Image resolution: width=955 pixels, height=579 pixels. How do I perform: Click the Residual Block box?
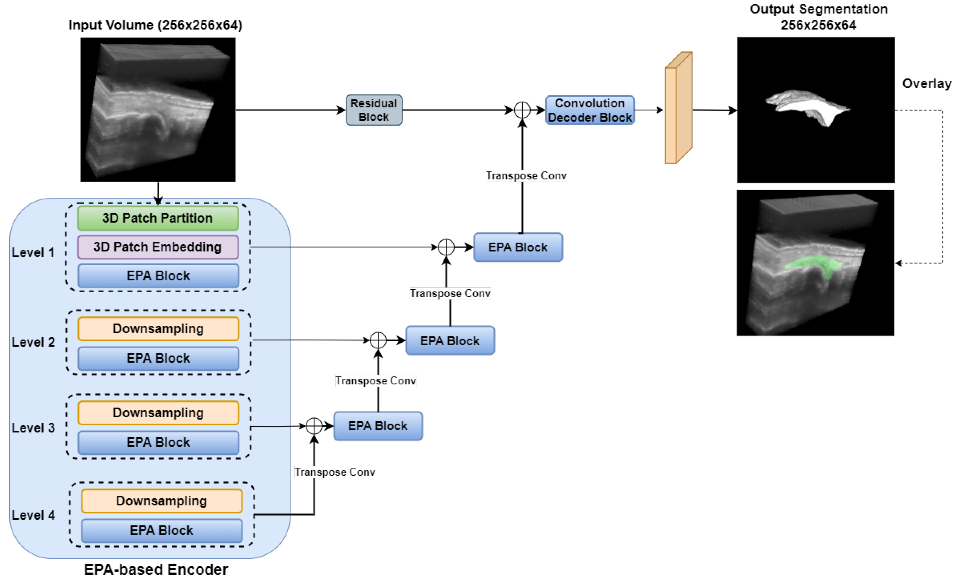tap(374, 110)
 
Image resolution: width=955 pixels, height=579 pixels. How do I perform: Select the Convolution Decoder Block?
tap(589, 110)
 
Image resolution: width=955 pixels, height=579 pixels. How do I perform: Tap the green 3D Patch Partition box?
tap(158, 218)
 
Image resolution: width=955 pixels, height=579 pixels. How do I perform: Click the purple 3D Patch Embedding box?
tap(158, 247)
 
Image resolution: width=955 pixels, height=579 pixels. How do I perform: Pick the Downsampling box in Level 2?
tap(158, 329)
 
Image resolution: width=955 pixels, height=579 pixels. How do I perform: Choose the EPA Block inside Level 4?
tap(162, 530)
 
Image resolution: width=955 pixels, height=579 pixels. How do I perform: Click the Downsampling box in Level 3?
tap(158, 413)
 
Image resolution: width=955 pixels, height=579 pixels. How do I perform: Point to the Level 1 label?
tap(33, 253)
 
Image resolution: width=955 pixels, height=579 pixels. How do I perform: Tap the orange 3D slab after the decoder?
tap(679, 109)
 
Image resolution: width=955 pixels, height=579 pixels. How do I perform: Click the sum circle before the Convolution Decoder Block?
tap(522, 110)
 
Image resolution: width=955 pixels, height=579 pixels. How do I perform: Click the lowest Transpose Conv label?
tap(335, 472)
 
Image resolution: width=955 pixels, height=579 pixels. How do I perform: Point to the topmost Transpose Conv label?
tap(526, 176)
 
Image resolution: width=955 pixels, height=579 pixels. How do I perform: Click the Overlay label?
tap(926, 84)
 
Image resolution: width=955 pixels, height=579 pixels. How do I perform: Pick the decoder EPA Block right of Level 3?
tap(378, 426)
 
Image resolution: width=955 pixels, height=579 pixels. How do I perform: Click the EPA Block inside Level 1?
tap(158, 276)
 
